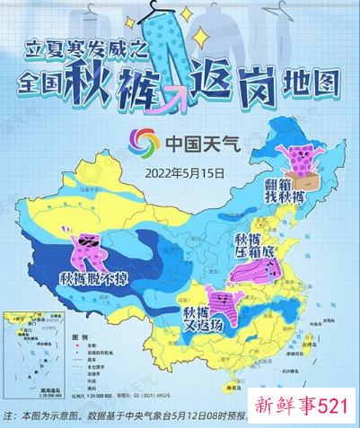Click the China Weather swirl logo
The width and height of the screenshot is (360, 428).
(143, 142)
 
